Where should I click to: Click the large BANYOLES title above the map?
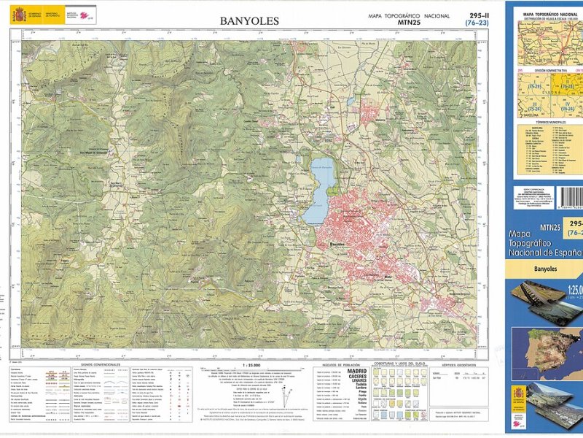point(249,21)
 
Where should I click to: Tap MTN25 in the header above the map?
point(410,23)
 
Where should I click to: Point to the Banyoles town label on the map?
point(341,245)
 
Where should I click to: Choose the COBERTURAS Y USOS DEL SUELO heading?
point(399,363)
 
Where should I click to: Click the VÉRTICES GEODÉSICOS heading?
point(458,364)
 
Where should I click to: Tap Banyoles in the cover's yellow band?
point(546,269)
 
